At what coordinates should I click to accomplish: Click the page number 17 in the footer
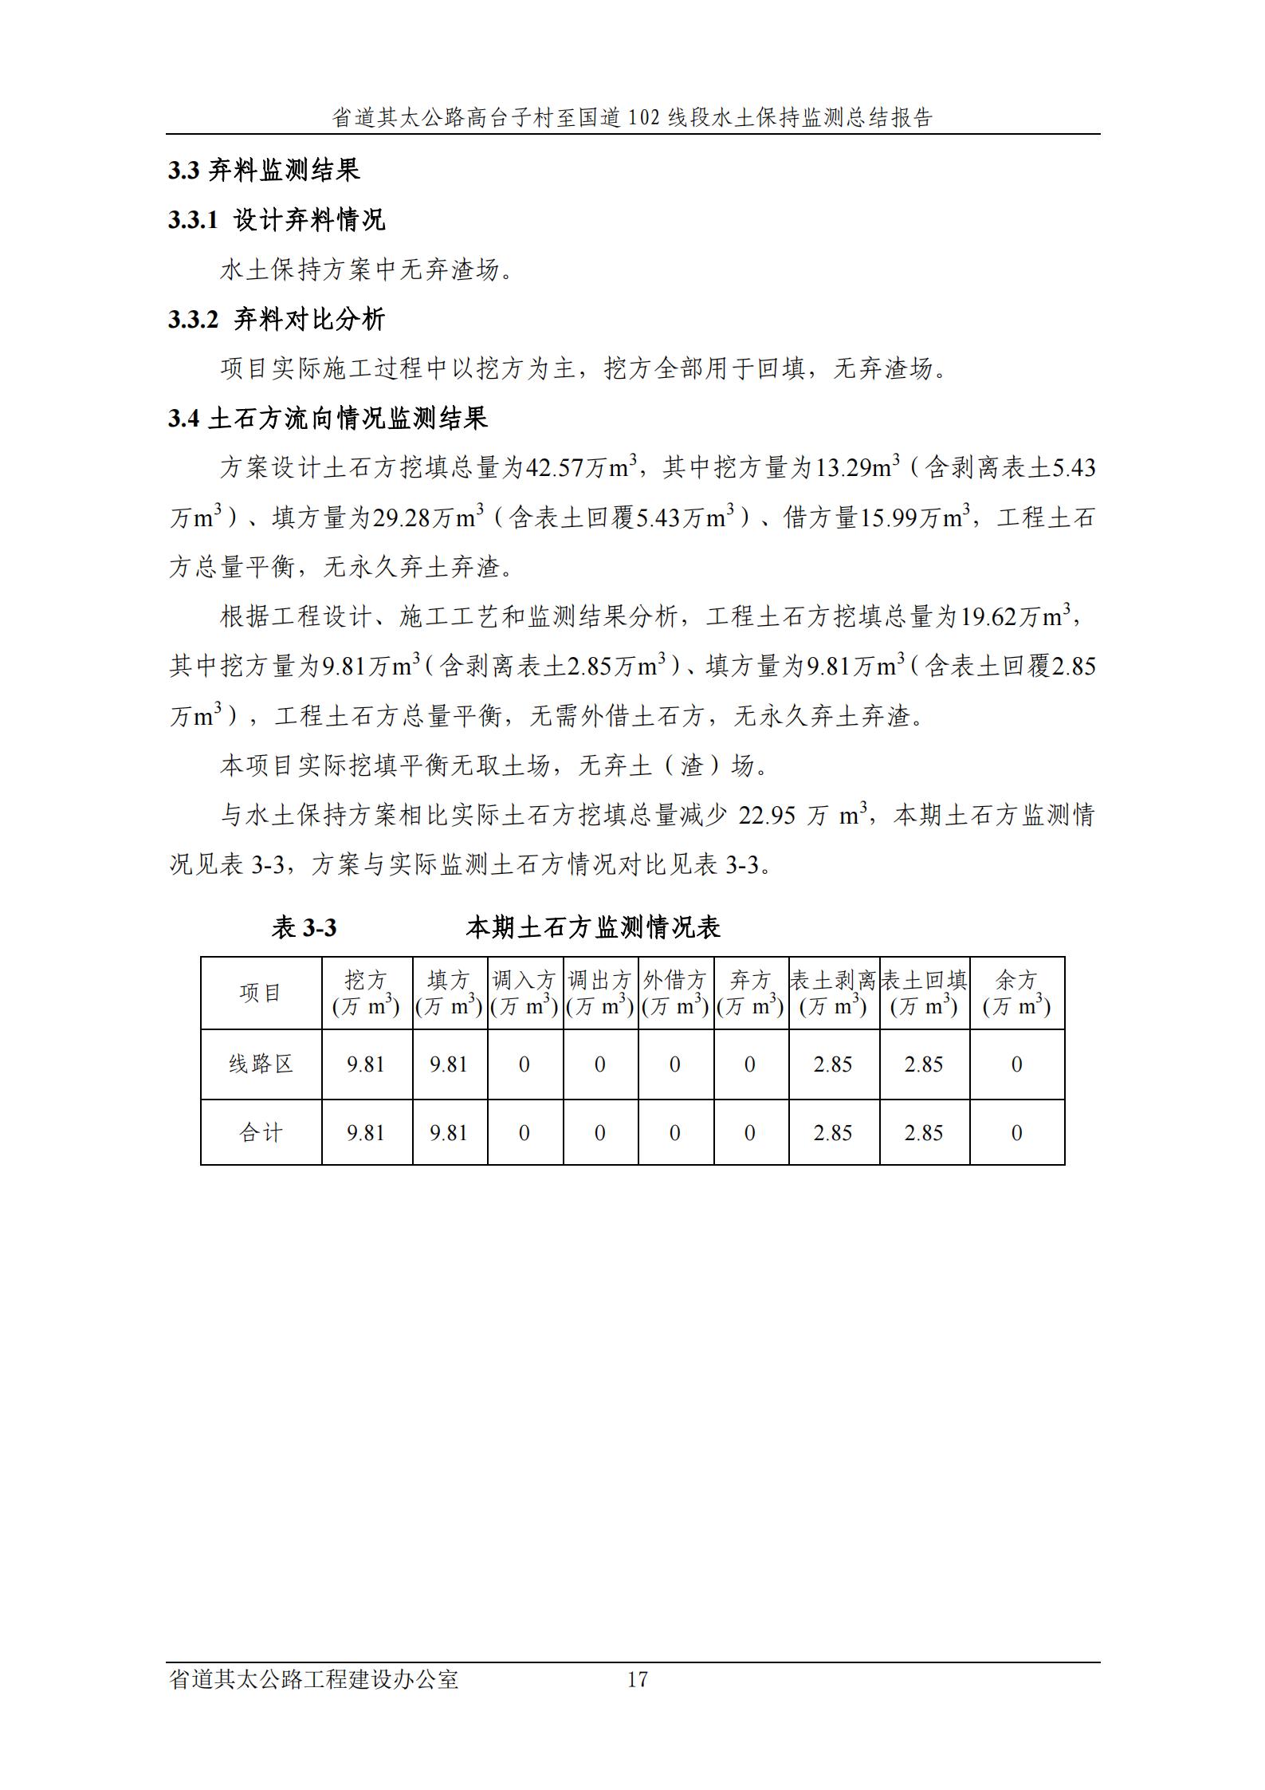[637, 1680]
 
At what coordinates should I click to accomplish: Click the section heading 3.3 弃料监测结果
[263, 170]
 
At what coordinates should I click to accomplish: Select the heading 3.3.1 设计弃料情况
[276, 219]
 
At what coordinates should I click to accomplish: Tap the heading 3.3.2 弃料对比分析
[276, 319]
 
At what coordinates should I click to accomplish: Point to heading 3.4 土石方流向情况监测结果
[327, 418]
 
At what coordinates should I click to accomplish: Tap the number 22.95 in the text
[767, 816]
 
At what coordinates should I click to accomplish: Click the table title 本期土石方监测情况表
[593, 927]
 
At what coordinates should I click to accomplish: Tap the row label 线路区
[261, 1064]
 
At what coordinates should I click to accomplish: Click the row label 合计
[261, 1133]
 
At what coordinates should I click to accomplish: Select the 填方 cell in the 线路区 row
[449, 1064]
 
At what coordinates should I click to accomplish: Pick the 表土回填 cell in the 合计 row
[924, 1133]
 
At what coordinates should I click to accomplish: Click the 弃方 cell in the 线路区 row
[749, 1064]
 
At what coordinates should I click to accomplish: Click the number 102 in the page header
[643, 118]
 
